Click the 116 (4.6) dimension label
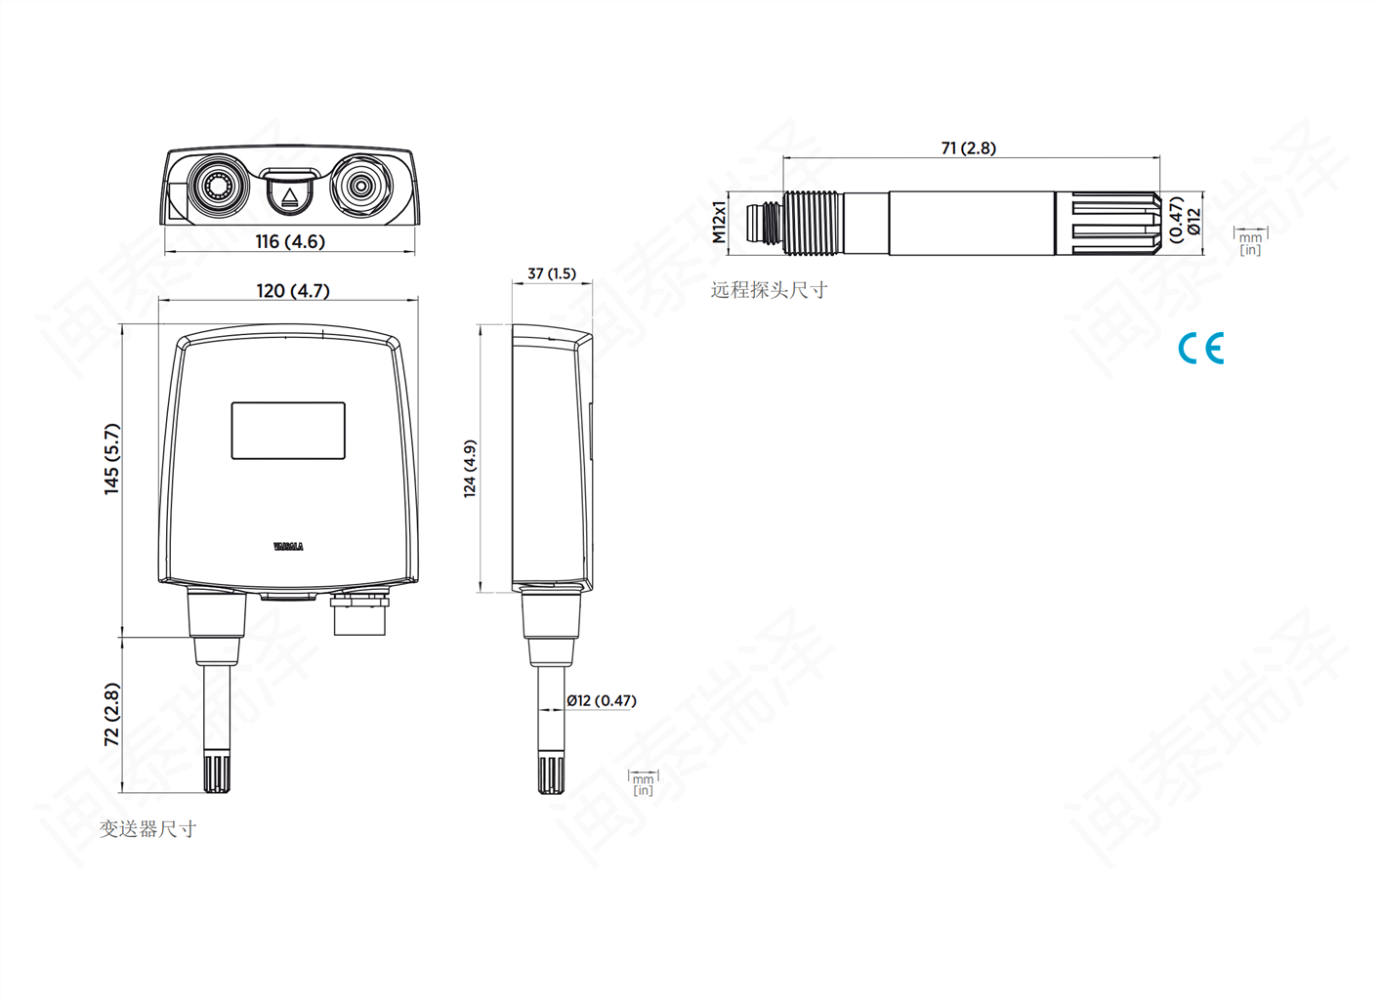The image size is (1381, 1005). pos(290,241)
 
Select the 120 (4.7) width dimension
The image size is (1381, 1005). pos(293,291)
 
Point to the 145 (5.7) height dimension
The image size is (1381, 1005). pos(112,459)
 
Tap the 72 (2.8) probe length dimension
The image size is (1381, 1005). pos(112,715)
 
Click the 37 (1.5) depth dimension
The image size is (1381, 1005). pos(552,273)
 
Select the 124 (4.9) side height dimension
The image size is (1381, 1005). pos(470,469)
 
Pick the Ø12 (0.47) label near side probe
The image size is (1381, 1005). pos(602,700)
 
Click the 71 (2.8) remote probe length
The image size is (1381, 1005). pos(968,148)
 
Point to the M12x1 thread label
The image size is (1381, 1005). pos(720,223)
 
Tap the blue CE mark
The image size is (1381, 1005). pos(1200,349)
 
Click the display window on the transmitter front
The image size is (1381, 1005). pos(288,431)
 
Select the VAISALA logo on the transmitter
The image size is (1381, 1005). pos(288,547)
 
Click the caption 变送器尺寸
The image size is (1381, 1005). pos(147,829)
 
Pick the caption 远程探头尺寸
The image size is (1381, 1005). pos(769,290)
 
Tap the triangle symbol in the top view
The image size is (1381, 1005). pos(289,197)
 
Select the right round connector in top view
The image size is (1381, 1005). pos(361,184)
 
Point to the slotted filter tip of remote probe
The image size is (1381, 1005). pos(1112,224)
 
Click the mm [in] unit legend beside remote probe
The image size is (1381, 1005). pos(1250,242)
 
